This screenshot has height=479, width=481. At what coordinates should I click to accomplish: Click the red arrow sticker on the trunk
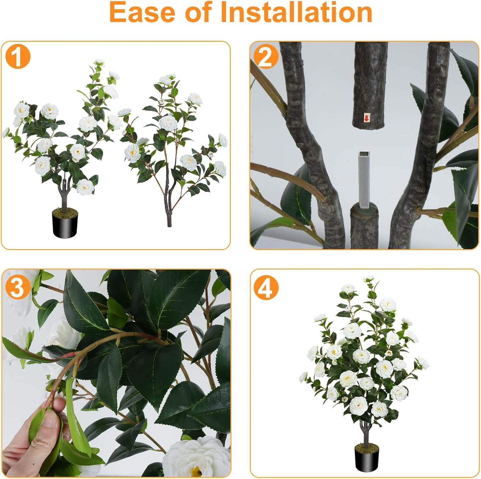click(366, 118)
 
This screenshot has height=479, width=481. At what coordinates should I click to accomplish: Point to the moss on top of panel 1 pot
click(65, 212)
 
